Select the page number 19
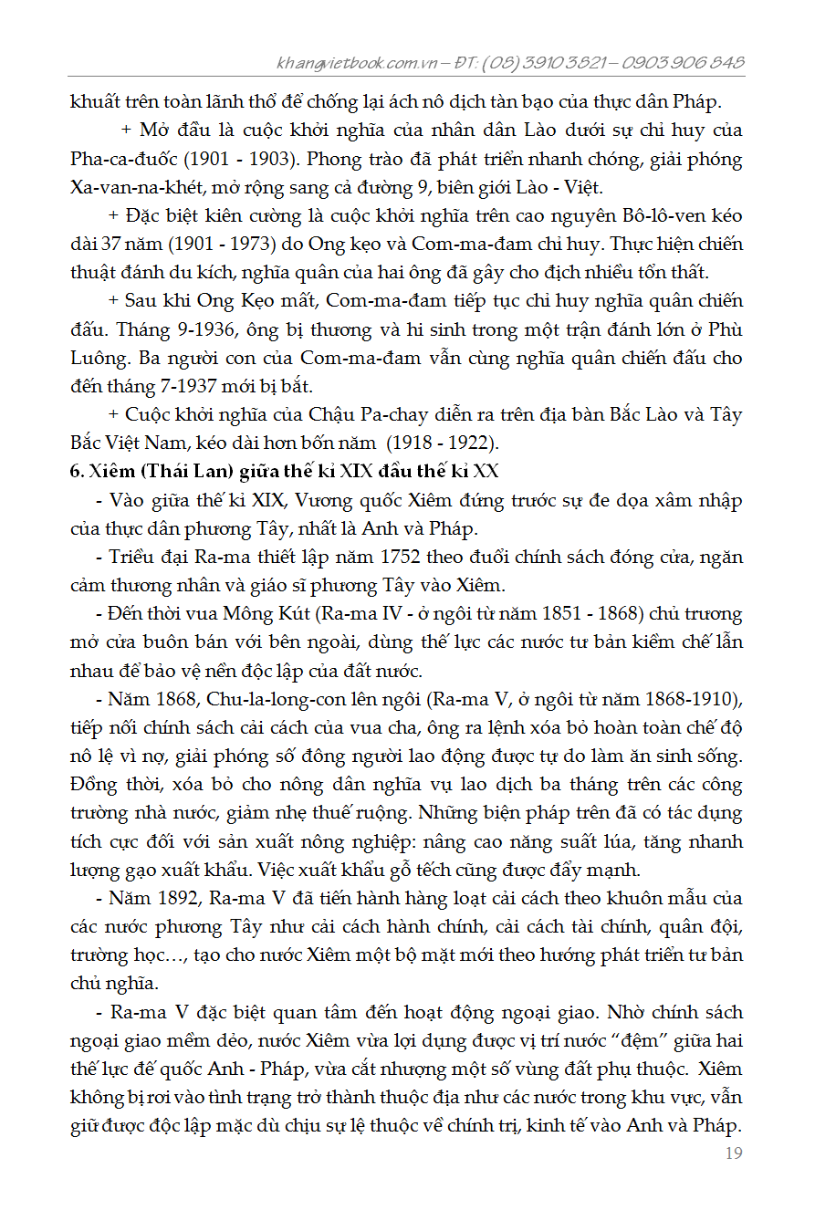point(733,1153)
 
